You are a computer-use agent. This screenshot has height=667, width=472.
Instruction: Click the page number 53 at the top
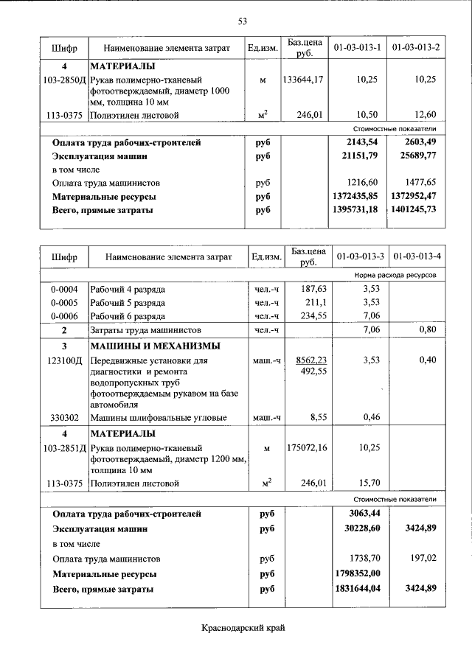242,21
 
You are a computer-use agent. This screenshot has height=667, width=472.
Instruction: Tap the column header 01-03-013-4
417,257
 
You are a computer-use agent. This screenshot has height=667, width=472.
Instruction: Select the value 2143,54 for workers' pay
361,142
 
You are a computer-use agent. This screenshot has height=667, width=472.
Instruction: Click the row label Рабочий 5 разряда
128,302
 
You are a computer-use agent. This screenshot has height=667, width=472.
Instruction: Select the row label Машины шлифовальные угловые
147,418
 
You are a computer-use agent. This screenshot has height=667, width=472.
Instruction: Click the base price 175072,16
303,447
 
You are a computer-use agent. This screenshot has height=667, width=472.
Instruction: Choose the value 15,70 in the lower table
367,483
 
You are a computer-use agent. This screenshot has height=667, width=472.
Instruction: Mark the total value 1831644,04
359,589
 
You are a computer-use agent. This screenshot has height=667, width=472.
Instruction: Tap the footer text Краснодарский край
243,628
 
